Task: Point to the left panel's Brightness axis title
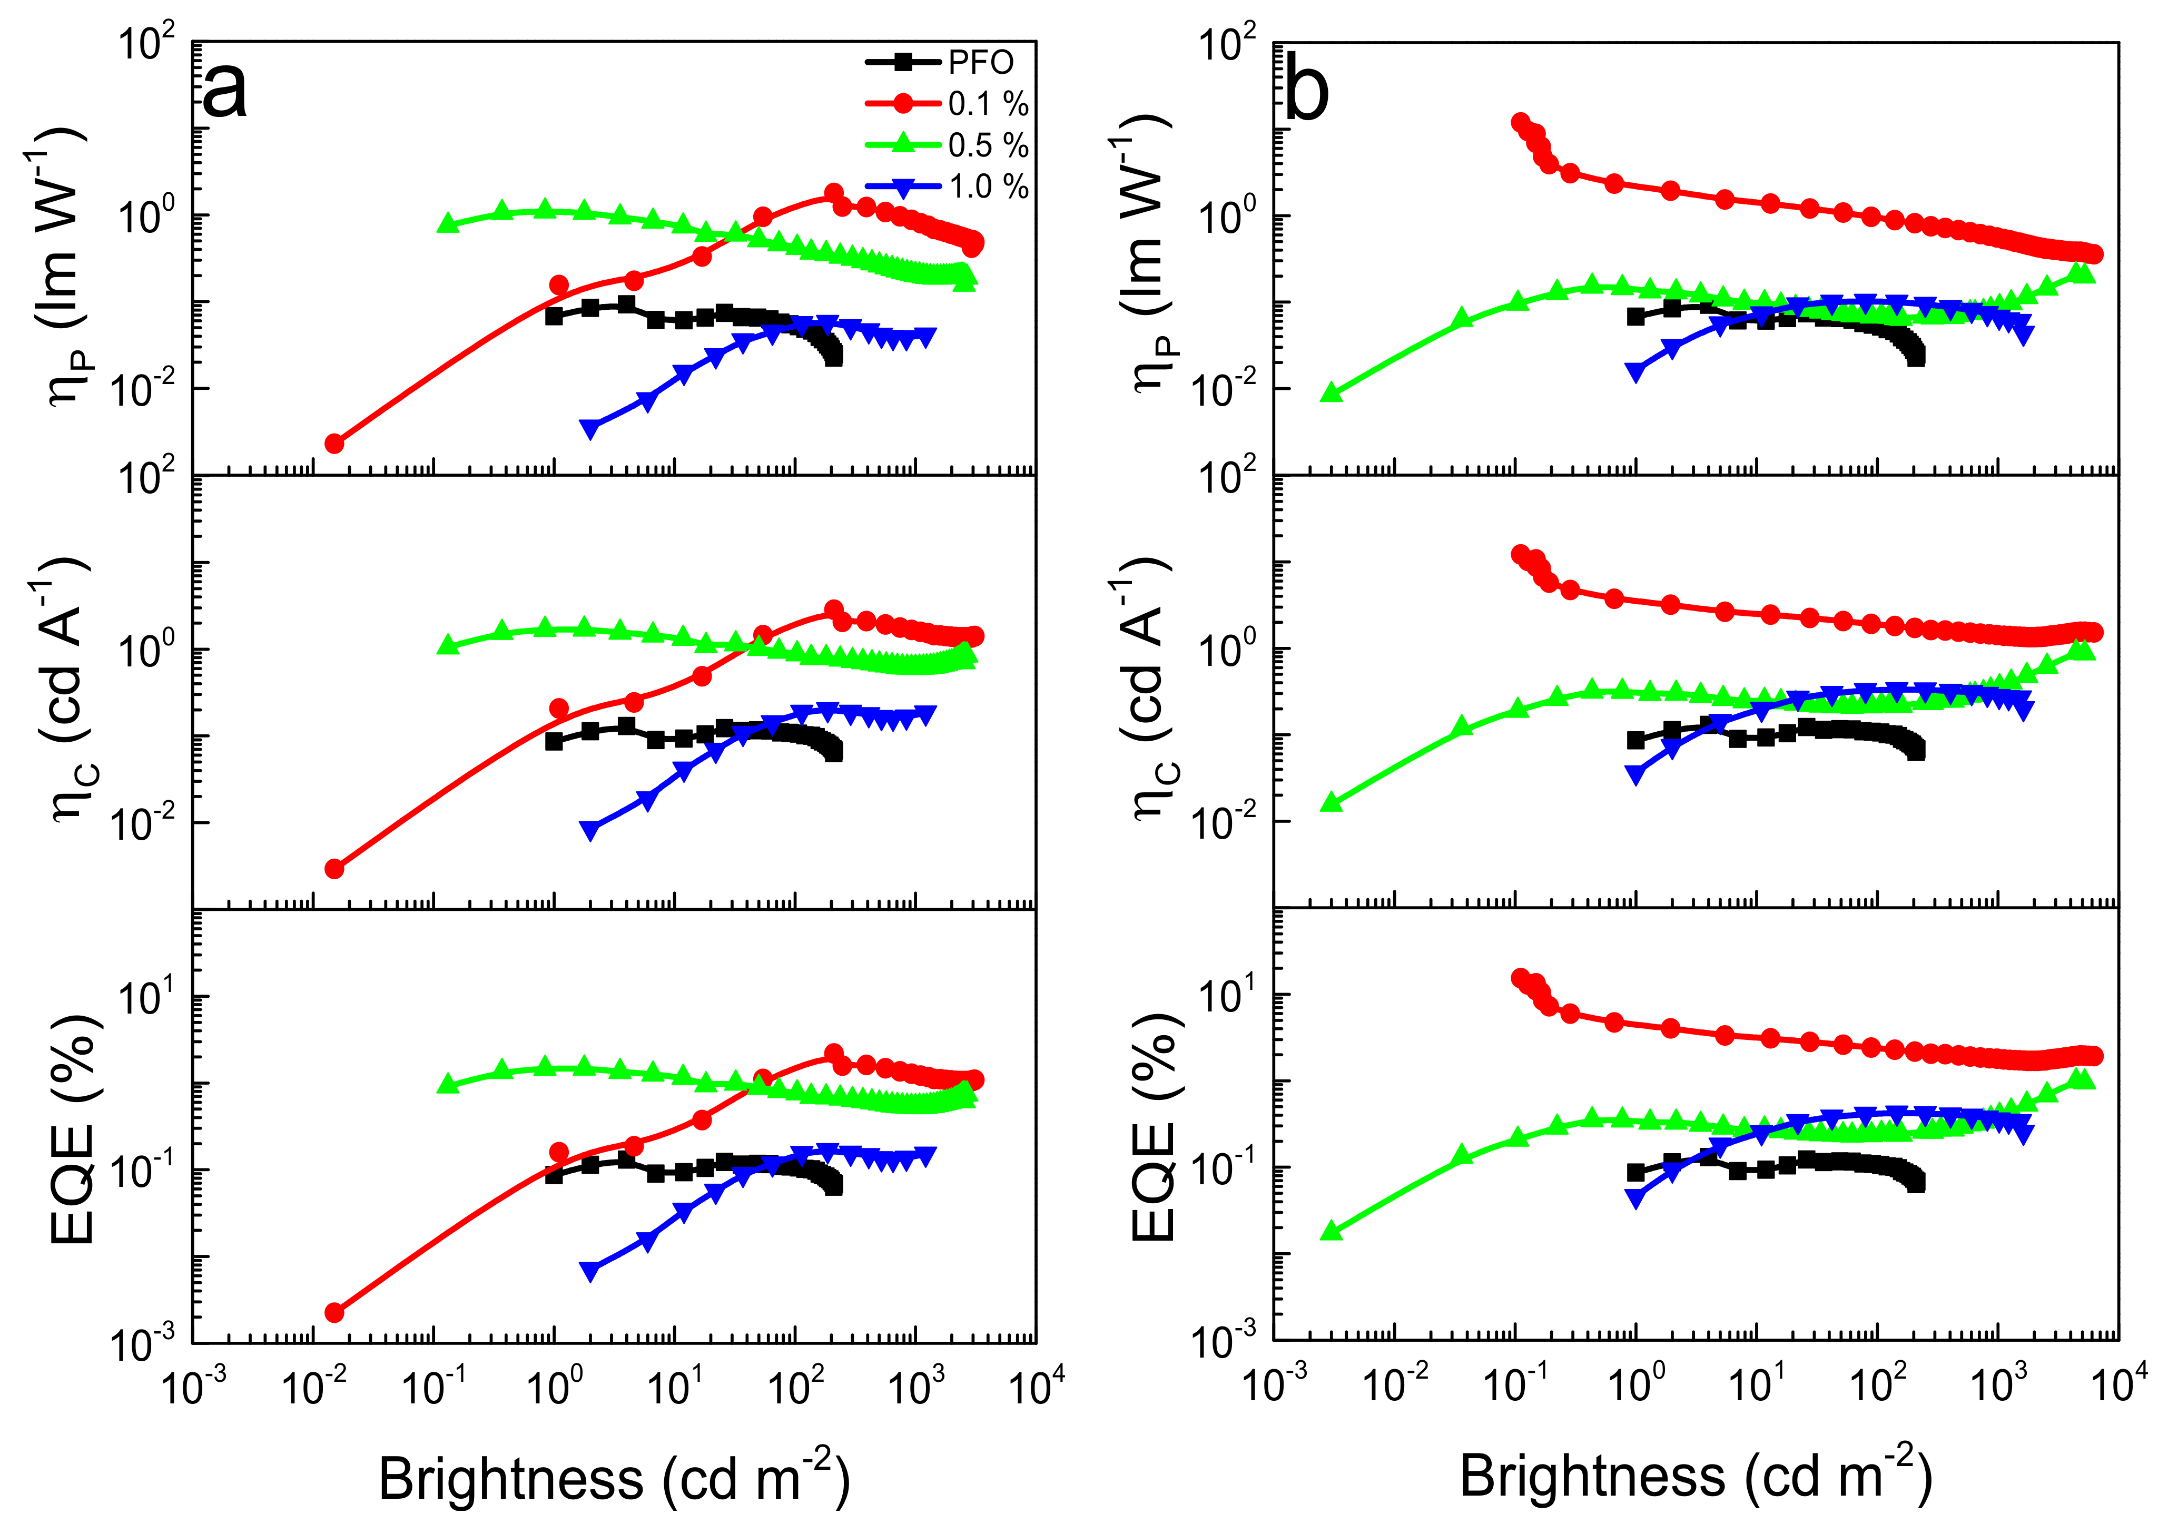(614, 1478)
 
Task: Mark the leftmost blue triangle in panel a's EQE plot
(590, 1271)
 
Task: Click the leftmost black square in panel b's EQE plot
(1635, 1172)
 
